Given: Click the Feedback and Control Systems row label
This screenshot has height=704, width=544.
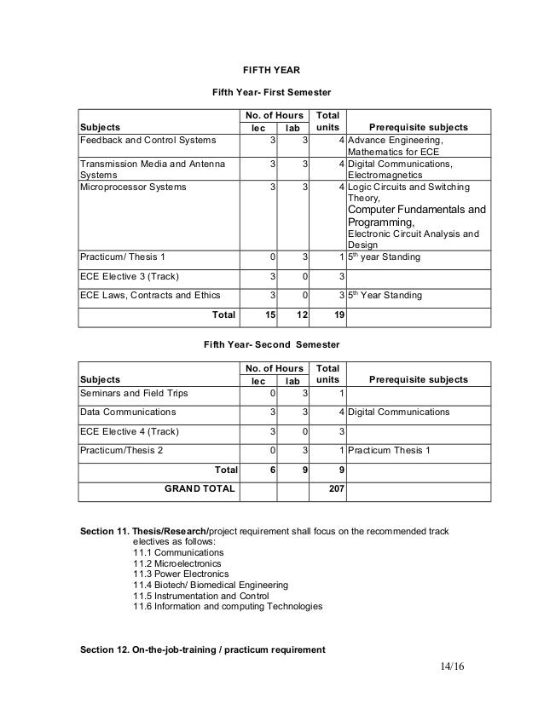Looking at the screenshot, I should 148,140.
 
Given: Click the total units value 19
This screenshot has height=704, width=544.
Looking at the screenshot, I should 339,314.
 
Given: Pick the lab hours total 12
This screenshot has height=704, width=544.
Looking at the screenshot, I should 300,314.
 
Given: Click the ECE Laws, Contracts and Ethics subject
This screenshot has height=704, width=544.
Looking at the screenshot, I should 149,295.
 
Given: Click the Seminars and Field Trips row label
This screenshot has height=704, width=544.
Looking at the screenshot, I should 135,393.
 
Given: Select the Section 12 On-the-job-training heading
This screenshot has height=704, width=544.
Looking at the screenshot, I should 202,650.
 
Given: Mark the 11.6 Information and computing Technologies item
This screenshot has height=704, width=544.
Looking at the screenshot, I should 228,607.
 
